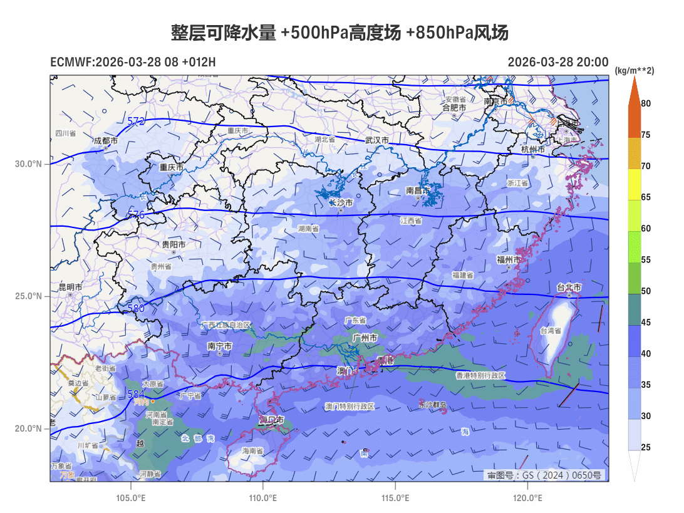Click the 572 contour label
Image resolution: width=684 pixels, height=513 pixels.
click(136, 121)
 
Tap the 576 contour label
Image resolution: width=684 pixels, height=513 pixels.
click(136, 215)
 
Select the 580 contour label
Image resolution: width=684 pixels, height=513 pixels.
click(136, 308)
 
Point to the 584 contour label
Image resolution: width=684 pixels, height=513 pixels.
click(136, 395)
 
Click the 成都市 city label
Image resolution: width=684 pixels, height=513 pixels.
click(105, 142)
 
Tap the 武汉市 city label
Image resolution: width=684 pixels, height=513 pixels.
click(378, 140)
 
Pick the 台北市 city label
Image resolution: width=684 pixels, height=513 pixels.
click(569, 288)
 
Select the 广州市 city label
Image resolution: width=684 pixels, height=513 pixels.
click(365, 338)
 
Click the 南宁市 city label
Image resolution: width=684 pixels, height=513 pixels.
click(219, 346)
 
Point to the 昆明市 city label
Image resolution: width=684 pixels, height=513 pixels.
click(70, 287)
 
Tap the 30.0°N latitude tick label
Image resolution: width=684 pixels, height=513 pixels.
click(29, 164)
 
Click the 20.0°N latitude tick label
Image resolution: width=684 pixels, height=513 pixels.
click(29, 428)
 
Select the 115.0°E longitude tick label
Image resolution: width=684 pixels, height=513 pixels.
click(395, 499)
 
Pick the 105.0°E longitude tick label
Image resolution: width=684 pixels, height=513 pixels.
click(131, 499)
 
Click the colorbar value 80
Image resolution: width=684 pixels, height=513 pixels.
click(646, 103)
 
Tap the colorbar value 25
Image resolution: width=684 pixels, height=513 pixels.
click(646, 447)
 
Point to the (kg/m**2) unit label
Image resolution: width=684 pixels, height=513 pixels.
click(634, 71)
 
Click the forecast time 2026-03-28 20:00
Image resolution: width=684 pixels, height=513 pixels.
click(557, 62)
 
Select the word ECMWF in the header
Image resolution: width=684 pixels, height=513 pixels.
click(71, 62)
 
